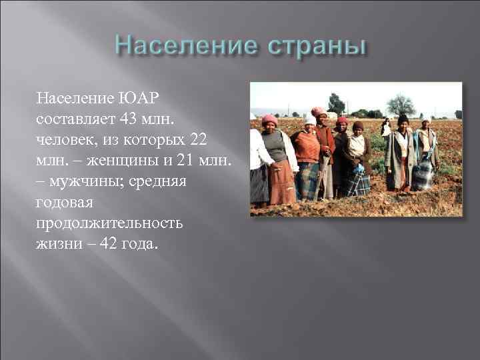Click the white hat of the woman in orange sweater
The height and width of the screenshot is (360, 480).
[x=310, y=121]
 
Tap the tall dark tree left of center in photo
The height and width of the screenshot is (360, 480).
[x=336, y=103]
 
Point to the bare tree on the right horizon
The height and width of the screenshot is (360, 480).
[x=401, y=104]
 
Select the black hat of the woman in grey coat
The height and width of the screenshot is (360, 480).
[x=403, y=119]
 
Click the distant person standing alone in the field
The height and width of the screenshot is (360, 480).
[x=385, y=126]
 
